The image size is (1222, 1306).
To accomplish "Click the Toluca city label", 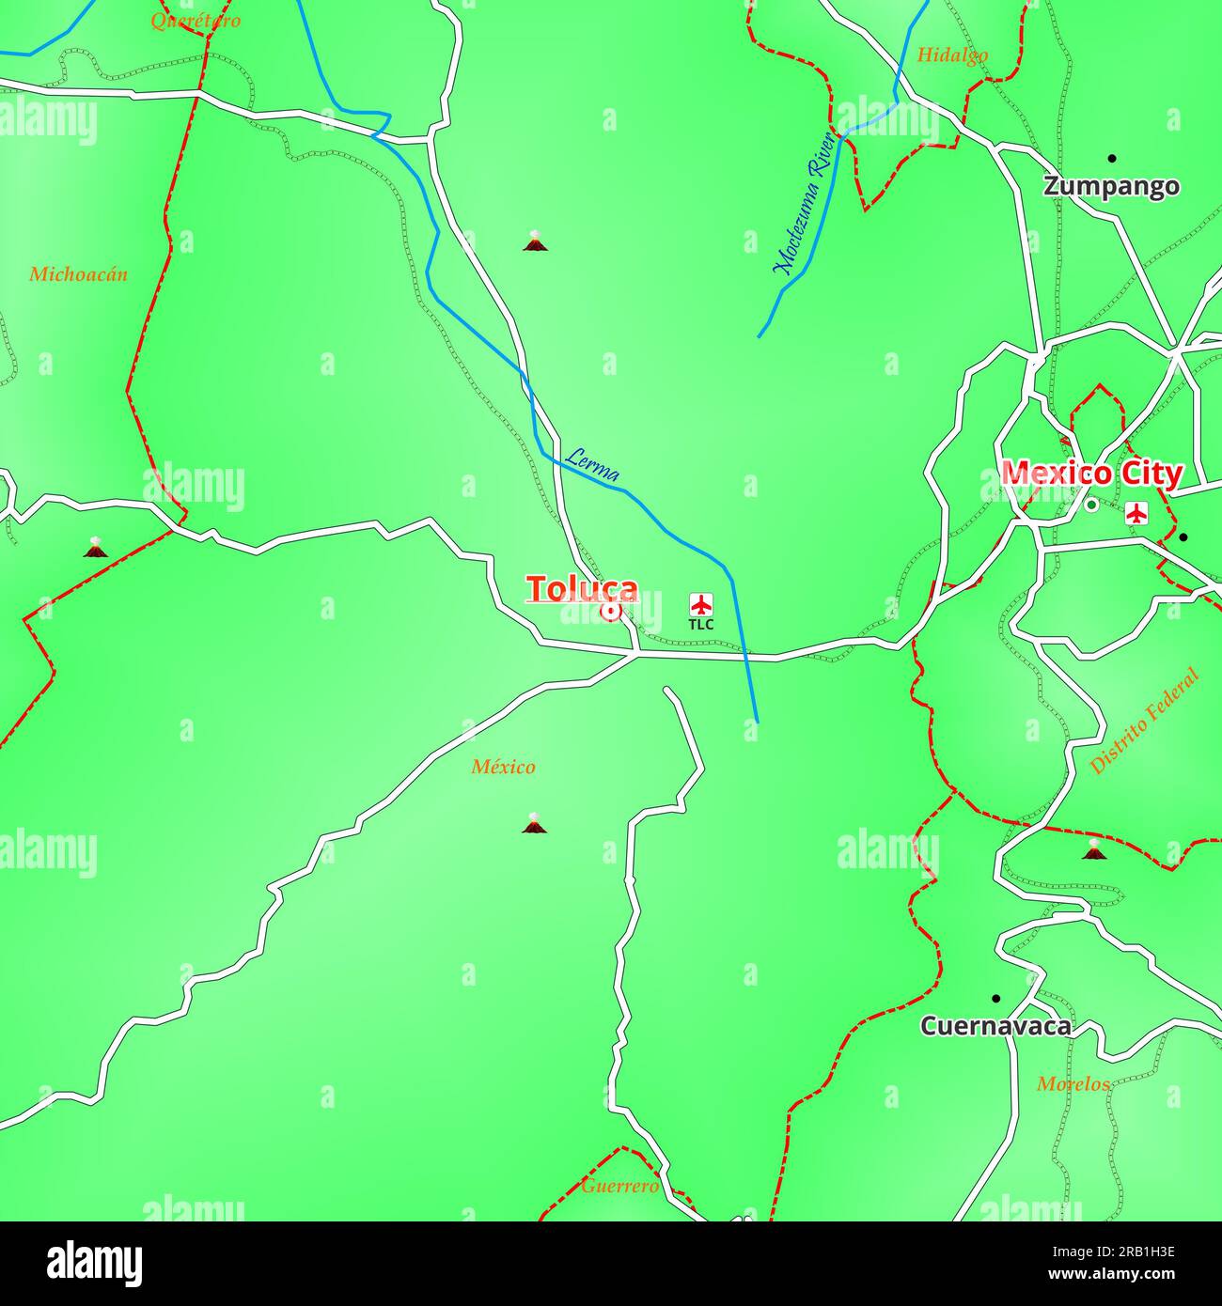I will [582, 589].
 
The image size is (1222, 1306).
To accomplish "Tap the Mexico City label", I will [1091, 474].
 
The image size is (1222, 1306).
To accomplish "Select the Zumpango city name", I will [1111, 186].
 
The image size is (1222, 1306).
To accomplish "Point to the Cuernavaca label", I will [995, 1026].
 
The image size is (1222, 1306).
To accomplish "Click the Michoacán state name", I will [78, 274].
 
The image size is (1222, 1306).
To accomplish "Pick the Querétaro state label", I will [196, 20].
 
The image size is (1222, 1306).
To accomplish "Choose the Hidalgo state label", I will [952, 54].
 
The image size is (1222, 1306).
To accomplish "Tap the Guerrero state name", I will [619, 1186].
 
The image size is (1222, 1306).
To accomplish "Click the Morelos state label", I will [1073, 1084].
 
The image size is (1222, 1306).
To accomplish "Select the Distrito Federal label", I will [1144, 721].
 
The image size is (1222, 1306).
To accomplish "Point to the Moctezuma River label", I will [805, 204].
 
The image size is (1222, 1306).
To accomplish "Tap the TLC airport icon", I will [700, 604].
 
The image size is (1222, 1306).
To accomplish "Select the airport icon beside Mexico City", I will [1137, 513].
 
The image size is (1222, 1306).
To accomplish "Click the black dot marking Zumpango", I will [1112, 158].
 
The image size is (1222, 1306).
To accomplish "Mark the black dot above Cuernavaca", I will [995, 998].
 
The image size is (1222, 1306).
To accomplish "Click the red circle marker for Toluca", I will [610, 612].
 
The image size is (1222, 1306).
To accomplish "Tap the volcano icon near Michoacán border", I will [95, 547].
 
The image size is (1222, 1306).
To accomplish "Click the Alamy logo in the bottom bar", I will [94, 1263].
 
